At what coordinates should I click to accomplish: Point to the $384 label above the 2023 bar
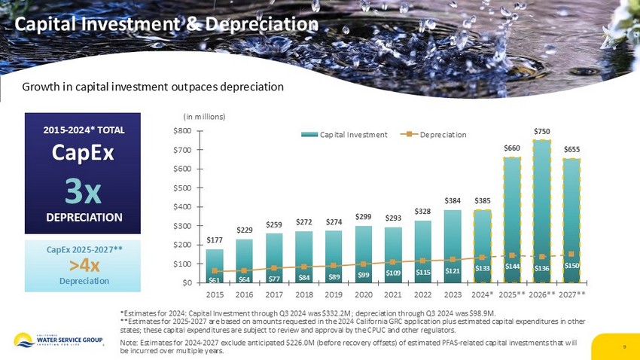pos(453,200)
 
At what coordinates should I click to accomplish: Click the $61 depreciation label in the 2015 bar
pos(215,279)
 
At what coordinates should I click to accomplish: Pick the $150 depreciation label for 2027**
pos(572,265)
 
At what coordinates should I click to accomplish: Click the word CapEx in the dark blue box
pos(83,153)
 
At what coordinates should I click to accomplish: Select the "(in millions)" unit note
pos(205,117)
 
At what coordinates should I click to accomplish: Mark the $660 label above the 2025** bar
pos(513,148)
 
